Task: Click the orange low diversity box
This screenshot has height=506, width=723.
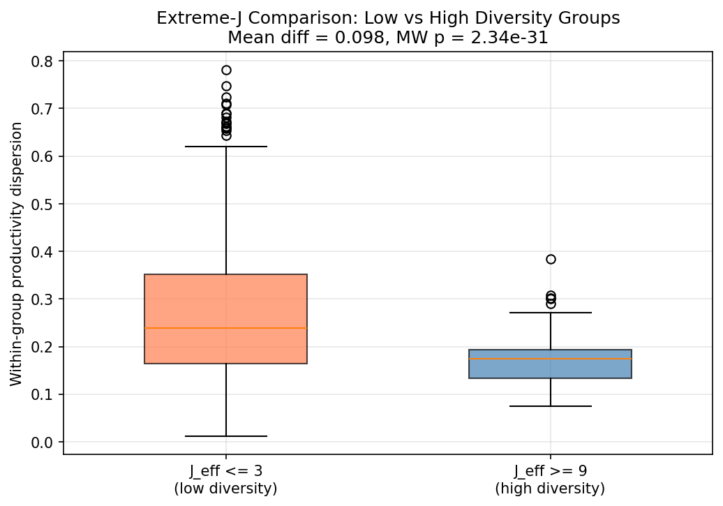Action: coord(225,300)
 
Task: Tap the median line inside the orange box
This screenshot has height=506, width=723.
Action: coord(225,328)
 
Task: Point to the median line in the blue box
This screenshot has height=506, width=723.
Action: coord(550,359)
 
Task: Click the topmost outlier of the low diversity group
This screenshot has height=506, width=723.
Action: coord(226,70)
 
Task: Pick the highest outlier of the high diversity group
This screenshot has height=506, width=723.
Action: coord(551,259)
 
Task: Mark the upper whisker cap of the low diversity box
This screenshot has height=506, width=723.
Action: coord(225,147)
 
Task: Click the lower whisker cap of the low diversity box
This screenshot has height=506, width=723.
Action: coord(225,436)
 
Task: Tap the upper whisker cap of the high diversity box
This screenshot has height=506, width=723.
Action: coord(550,313)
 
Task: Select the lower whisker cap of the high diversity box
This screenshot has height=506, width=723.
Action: coord(550,406)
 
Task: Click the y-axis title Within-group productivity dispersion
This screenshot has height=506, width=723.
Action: coord(17,253)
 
